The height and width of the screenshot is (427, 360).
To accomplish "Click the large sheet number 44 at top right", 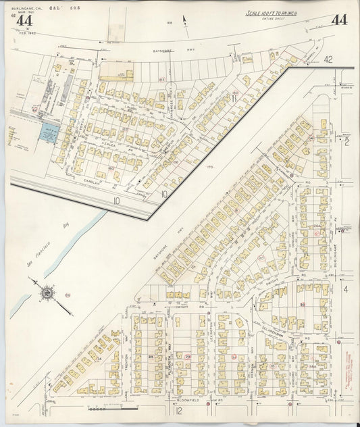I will (x=339, y=20).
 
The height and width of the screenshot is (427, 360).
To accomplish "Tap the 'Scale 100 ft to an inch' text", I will (x=273, y=14).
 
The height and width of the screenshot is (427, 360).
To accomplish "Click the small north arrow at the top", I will (x=184, y=21).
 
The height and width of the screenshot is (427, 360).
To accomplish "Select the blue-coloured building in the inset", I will (x=47, y=132).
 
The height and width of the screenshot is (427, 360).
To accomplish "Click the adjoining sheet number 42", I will (x=328, y=60).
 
